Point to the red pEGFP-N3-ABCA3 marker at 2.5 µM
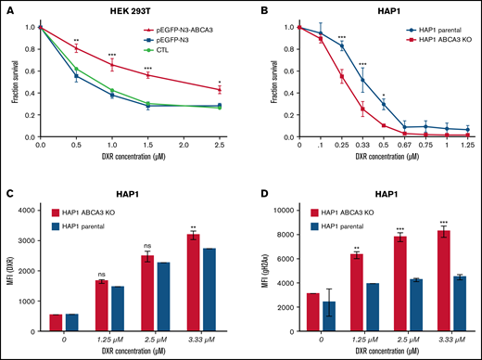point(220,89)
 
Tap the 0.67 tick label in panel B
point(403,146)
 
